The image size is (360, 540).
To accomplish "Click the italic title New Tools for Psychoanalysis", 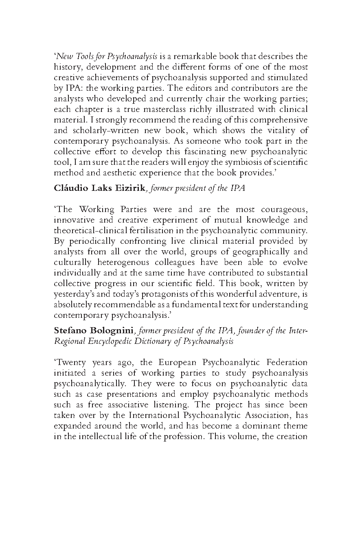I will [106, 56].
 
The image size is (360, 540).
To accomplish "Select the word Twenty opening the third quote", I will [69, 362].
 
